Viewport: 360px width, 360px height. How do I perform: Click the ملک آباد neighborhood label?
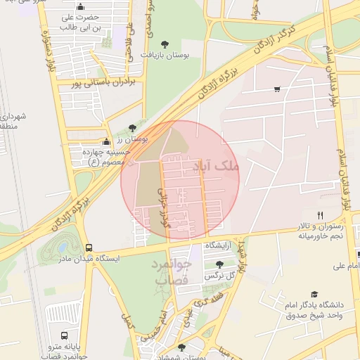[219, 166]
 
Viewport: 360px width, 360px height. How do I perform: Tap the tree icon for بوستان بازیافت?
[165, 44]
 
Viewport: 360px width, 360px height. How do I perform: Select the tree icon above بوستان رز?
[132, 128]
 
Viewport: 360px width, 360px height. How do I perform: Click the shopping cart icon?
[277, 89]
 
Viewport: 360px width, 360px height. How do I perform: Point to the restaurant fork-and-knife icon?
[320, 215]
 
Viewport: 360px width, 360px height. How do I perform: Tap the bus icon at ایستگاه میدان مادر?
[89, 247]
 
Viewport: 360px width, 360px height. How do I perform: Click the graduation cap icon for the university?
[314, 295]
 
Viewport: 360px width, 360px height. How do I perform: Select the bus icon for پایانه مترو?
[65, 335]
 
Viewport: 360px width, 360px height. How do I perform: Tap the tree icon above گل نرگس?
[220, 264]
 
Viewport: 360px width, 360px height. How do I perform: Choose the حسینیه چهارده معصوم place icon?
[105, 141]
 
